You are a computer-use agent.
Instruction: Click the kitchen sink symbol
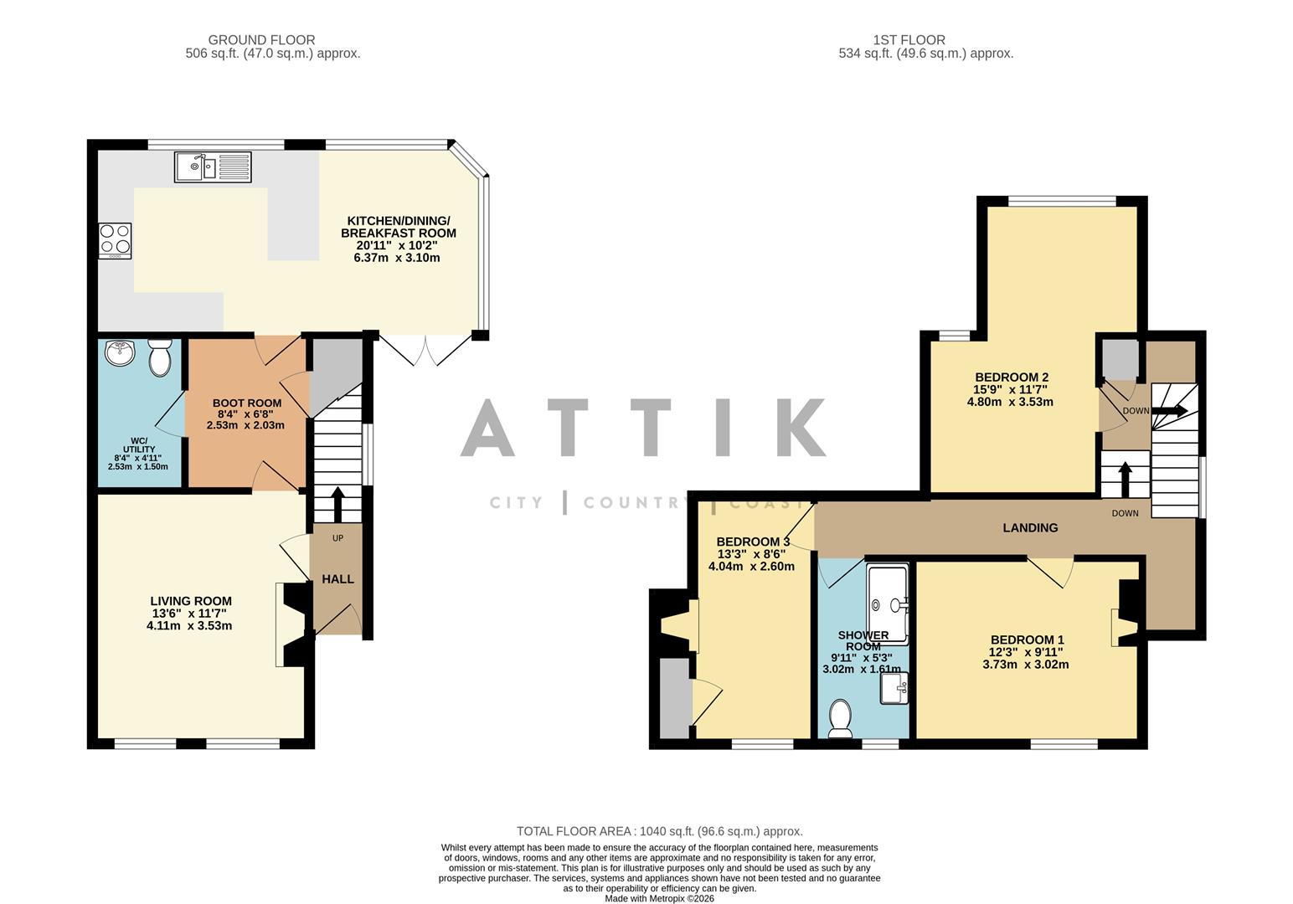click(214, 167)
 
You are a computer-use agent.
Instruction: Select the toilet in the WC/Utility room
click(158, 359)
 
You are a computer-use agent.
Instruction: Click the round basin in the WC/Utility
click(121, 352)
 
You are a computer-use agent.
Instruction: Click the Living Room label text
click(191, 601)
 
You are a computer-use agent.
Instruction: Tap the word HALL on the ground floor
click(337, 579)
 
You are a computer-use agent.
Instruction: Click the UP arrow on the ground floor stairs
click(337, 505)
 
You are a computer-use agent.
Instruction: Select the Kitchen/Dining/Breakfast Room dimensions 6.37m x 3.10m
click(397, 258)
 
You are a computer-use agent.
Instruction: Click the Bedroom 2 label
click(1010, 377)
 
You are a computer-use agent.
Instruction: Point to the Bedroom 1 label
click(1026, 639)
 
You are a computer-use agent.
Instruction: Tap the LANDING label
click(1030, 527)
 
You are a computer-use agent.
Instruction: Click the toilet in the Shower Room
click(840, 718)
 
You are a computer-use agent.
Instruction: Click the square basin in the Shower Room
click(894, 690)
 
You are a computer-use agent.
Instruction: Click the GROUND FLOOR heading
click(261, 40)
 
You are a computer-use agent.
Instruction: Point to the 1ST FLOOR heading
click(909, 40)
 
